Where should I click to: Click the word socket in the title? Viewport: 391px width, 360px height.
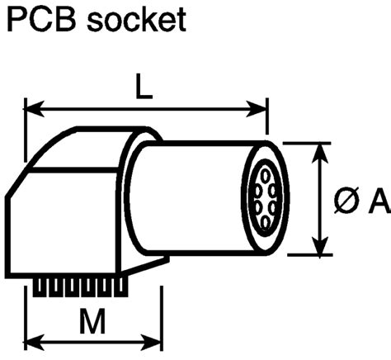coord(139,21)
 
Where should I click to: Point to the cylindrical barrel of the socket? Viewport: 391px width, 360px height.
coord(190,198)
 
